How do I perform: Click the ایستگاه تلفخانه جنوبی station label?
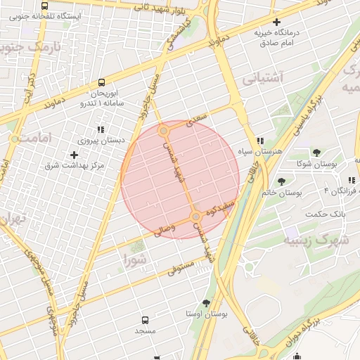pyautogui.click(x=45, y=15)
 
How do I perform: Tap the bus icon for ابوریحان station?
pyautogui.click(x=103, y=82)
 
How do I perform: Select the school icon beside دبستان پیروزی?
pyautogui.click(x=101, y=129)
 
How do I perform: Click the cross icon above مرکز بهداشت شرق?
pyautogui.click(x=75, y=154)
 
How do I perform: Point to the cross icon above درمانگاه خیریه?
pyautogui.click(x=276, y=22)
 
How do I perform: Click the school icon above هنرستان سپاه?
pyautogui.click(x=260, y=141)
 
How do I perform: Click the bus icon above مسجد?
pyautogui.click(x=146, y=319)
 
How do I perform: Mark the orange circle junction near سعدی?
pyautogui.click(x=164, y=131)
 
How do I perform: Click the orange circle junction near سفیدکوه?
pyautogui.click(x=195, y=217)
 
